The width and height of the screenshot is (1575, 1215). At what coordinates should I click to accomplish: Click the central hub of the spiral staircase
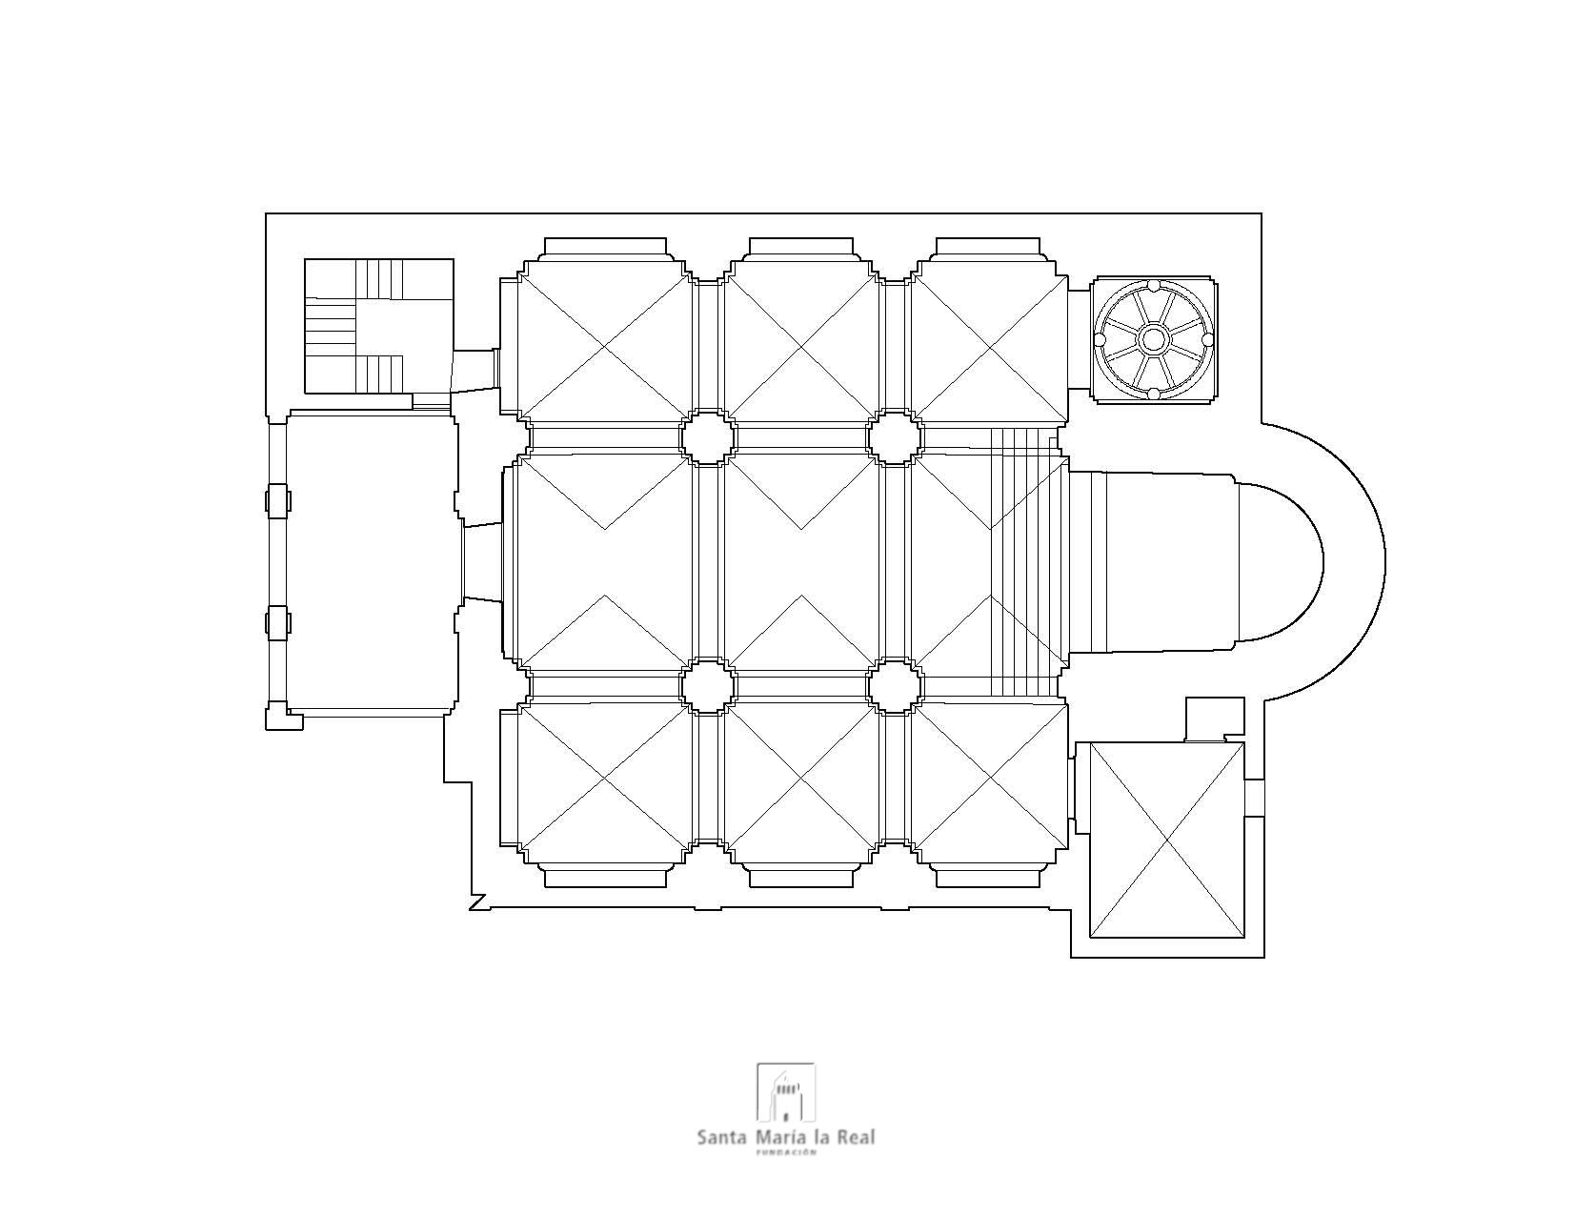coord(1153,338)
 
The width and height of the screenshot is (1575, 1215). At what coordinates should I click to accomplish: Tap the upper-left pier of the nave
coord(708,437)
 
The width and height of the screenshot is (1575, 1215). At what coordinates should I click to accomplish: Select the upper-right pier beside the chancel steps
coord(895,437)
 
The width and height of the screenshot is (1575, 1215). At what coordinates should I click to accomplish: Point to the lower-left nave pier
coord(708,686)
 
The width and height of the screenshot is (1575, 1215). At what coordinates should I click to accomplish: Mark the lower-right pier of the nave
coord(895,686)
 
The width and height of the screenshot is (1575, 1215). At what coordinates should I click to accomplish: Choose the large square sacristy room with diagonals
coord(1166,840)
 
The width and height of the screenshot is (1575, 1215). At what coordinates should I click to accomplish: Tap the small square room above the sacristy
coord(1215,719)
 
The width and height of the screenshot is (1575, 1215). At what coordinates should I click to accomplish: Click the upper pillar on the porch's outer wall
coord(277,501)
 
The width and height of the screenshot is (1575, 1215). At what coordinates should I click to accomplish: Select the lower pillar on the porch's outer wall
coord(277,622)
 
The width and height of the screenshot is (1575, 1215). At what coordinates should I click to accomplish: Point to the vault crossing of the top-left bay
coord(604,348)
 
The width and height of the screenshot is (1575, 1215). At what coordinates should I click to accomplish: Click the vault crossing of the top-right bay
coord(990,348)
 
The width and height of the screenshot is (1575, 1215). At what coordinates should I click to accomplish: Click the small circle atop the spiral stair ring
coord(1153,284)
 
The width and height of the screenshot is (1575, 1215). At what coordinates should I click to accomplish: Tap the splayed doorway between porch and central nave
coord(483,562)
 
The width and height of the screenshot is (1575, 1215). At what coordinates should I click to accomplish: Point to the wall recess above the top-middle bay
coord(801,247)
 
